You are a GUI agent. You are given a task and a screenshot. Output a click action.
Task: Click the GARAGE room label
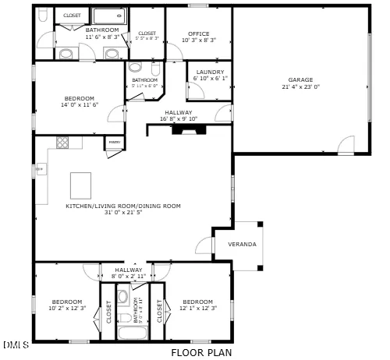[300, 80]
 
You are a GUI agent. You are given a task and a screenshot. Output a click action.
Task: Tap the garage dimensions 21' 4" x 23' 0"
[300, 87]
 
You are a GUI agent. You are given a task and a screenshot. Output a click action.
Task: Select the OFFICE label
[199, 34]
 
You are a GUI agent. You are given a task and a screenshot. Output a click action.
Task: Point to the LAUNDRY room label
[210, 72]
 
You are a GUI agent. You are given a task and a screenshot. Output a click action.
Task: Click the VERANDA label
[242, 245]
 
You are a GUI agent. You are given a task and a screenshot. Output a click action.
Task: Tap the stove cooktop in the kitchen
[62, 143]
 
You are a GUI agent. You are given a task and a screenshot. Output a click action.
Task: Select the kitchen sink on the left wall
[39, 169]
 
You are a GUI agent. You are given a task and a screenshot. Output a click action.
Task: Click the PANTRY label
[114, 143]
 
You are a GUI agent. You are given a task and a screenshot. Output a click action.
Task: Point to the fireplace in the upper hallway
[187, 130]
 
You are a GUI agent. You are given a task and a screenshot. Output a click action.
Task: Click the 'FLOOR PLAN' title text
[202, 352]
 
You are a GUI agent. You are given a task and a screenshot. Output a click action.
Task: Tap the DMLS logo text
[16, 344]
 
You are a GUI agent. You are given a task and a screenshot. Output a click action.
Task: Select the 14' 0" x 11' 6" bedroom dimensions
[80, 104]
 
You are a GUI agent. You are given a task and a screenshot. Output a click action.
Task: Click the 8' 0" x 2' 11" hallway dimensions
[129, 276]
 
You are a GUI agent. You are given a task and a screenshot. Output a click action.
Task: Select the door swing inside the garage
[346, 144]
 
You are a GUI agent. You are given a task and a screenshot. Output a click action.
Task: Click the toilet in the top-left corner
[43, 16]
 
